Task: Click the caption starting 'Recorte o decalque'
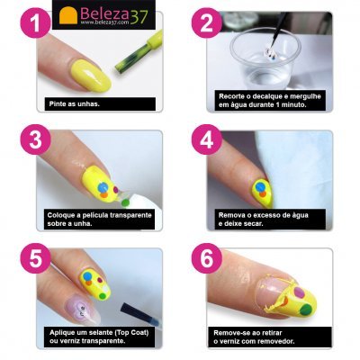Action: pyautogui.click(x=271, y=99)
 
